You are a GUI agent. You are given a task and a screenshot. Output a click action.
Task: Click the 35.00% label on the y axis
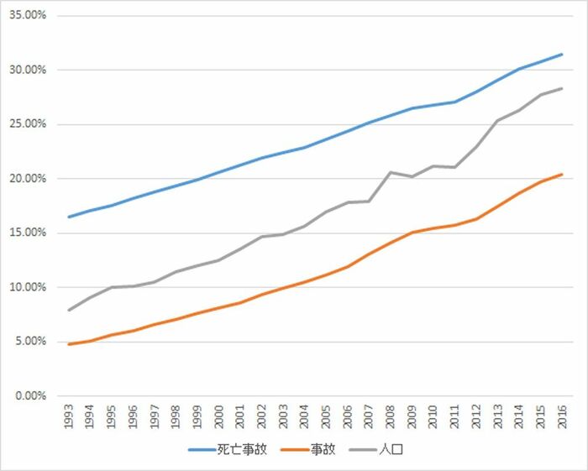(28, 15)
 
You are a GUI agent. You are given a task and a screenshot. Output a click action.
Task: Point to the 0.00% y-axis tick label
(31, 395)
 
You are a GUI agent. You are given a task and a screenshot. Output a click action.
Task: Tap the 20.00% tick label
(28, 178)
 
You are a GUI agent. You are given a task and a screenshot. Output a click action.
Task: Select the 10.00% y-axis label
(28, 287)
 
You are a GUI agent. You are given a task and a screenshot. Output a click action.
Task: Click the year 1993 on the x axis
(69, 416)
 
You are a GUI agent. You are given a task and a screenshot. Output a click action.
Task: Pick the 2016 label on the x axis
(562, 416)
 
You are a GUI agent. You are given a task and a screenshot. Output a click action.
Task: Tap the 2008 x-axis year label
(391, 416)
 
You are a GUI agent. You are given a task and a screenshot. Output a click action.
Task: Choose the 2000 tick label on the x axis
(218, 416)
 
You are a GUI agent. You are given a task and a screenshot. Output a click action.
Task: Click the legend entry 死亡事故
(228, 449)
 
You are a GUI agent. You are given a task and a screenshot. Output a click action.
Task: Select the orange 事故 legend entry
(308, 449)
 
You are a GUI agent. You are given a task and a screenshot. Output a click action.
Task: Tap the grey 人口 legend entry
(376, 449)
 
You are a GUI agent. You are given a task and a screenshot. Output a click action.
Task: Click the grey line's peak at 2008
(391, 172)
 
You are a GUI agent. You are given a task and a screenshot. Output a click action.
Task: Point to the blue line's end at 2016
(562, 55)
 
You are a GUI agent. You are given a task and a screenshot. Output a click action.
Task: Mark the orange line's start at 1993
(69, 344)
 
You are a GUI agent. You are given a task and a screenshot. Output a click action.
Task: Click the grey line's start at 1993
(69, 311)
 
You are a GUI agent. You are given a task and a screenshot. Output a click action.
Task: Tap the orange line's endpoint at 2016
(562, 175)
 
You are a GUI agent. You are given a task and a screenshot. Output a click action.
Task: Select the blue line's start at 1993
(69, 217)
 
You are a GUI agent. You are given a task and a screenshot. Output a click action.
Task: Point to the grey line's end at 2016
(562, 88)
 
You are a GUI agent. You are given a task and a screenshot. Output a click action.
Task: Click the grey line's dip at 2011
(454, 167)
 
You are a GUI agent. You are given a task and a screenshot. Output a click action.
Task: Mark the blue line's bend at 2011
(454, 102)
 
